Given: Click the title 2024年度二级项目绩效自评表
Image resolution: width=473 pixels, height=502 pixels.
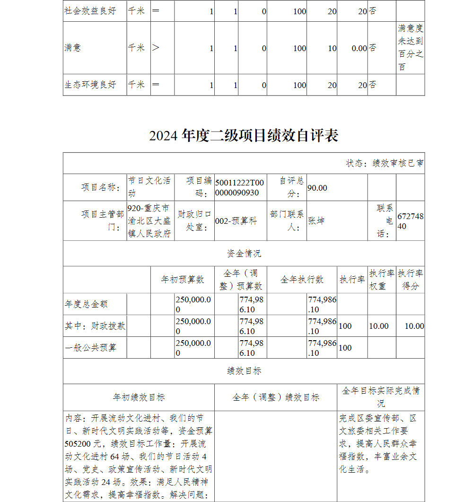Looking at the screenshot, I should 244,136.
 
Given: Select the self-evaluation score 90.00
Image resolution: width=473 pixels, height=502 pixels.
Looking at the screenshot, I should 317,188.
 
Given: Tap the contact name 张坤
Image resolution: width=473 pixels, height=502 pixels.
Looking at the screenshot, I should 316,220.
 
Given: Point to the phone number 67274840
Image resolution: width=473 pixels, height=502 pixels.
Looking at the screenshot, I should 410,221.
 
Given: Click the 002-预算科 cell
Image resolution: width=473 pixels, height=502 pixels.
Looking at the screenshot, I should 236,221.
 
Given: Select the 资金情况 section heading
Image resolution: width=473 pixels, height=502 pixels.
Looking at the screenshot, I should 244,254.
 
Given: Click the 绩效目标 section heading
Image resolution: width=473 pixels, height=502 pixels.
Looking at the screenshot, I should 244,371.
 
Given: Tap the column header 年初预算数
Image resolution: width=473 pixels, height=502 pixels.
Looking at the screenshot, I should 183,280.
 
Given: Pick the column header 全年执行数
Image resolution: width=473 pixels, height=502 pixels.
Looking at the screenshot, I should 302,280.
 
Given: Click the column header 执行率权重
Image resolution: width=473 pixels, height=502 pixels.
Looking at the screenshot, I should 381,280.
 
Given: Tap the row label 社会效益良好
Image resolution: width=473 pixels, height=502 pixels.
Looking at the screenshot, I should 90,11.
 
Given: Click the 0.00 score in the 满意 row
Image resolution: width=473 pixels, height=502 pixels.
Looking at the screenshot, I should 359,48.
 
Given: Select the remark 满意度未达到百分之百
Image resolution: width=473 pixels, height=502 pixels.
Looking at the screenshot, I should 410,48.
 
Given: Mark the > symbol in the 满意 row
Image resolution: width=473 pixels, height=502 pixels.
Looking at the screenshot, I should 156,48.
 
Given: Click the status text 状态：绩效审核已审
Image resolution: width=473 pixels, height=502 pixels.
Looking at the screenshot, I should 385,163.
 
